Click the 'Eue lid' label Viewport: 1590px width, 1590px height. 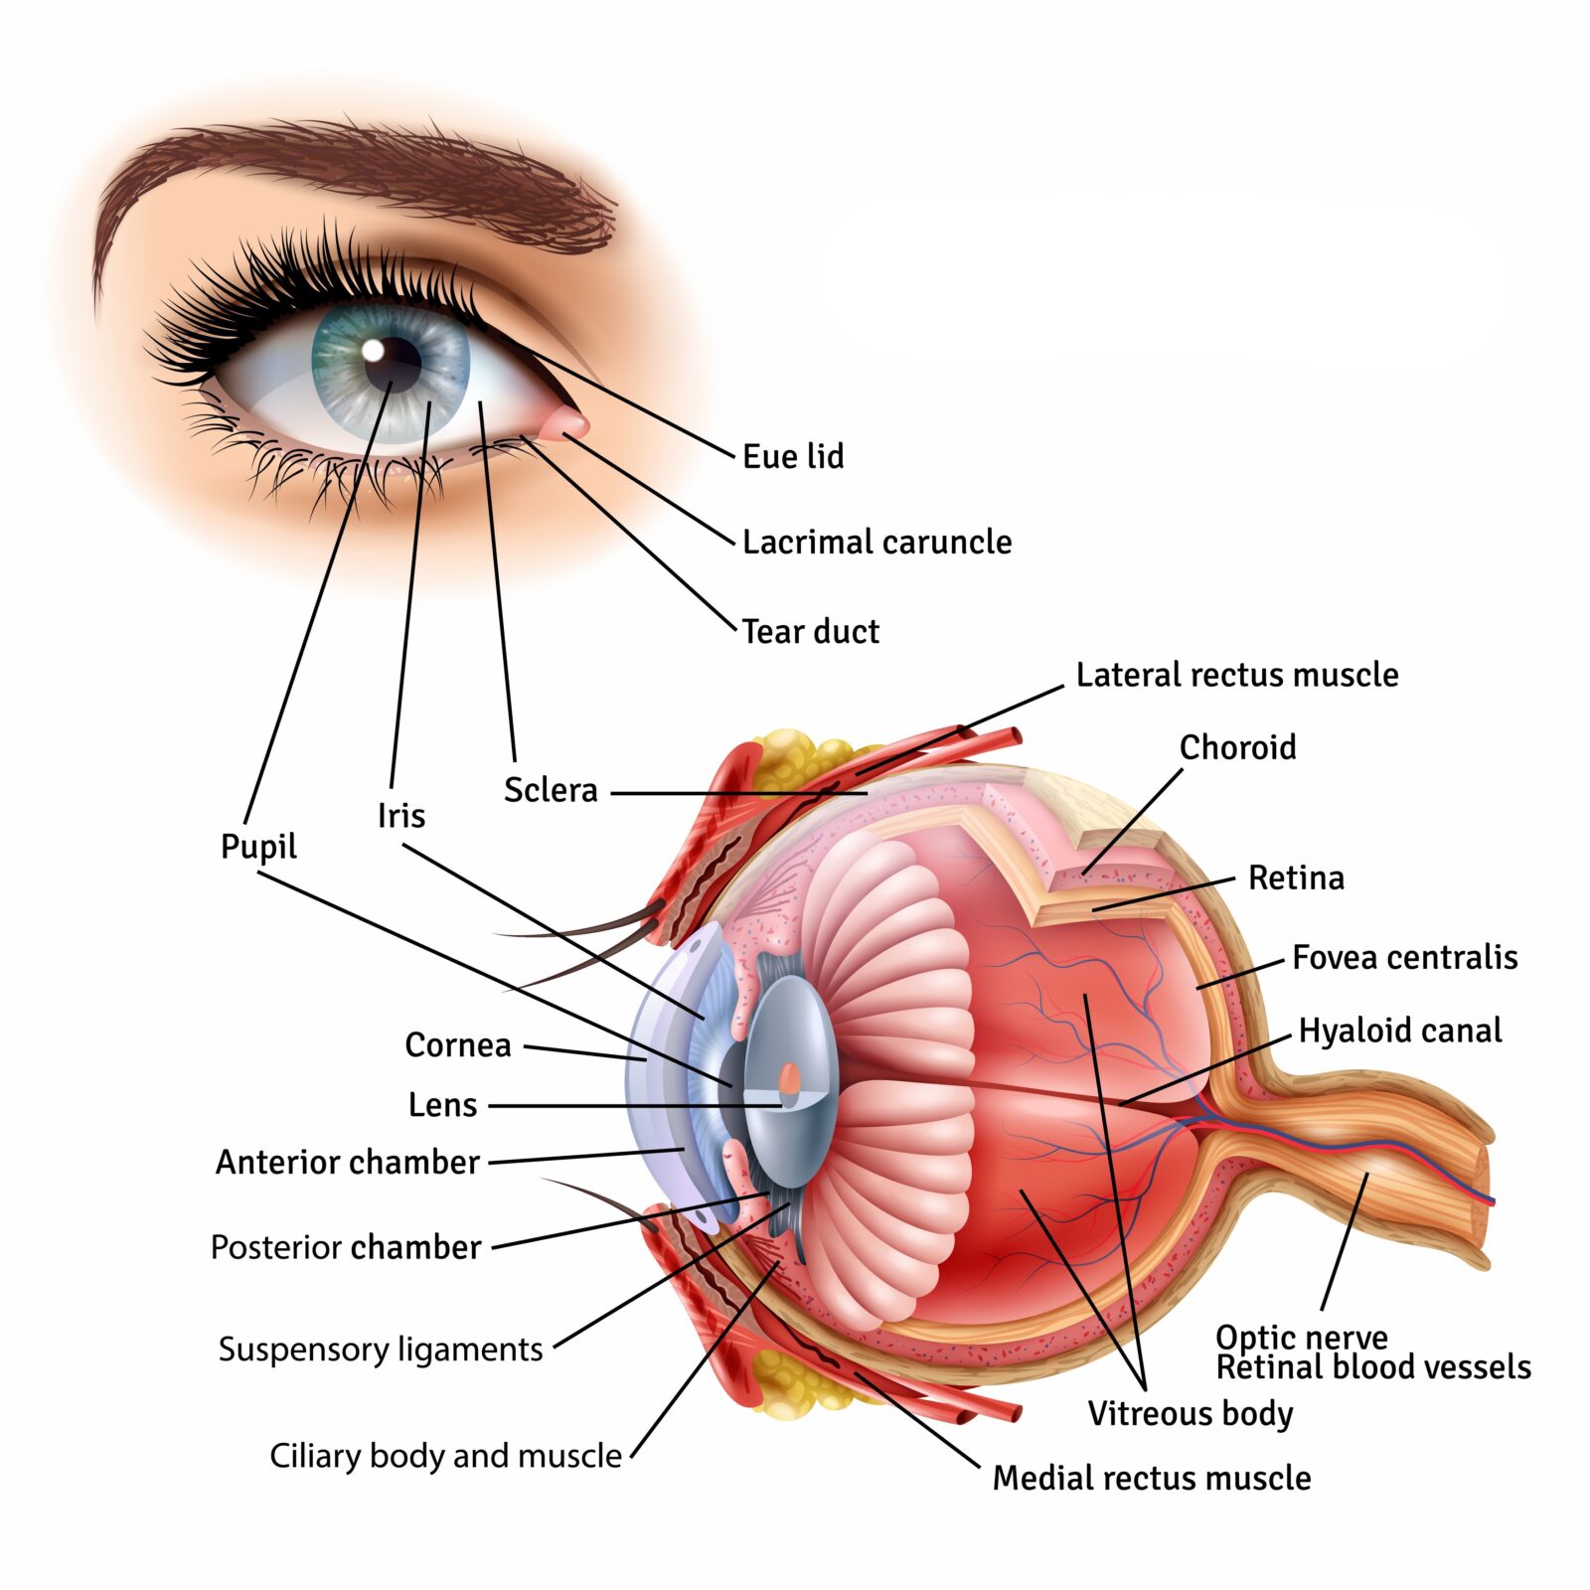(x=793, y=456)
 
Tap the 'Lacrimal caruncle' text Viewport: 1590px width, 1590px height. (x=876, y=542)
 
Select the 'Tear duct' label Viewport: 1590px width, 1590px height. (x=810, y=631)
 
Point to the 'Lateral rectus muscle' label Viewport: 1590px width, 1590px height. (x=1236, y=675)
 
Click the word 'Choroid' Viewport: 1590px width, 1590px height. (x=1237, y=747)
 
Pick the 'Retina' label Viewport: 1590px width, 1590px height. (x=1296, y=877)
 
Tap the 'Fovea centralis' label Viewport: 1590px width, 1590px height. (x=1404, y=957)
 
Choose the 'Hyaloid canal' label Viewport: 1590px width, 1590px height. (x=1399, y=1031)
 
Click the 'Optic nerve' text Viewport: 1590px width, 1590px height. (x=1301, y=1337)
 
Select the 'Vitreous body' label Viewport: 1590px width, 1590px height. (x=1190, y=1413)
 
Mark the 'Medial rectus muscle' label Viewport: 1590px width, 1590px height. (x=1151, y=1478)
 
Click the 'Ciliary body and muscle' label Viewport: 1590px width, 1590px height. (x=445, y=1456)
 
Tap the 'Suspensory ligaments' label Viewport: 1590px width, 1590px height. (x=380, y=1350)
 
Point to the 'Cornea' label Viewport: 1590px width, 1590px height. (x=457, y=1044)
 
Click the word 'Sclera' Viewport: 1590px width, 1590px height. (x=551, y=790)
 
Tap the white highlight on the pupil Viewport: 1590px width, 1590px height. (x=373, y=350)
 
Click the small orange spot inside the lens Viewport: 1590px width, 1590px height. (x=789, y=1079)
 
